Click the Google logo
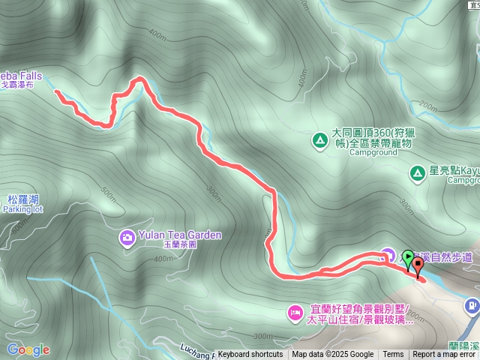[x=28, y=350]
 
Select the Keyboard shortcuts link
[x=250, y=355]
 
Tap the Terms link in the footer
[x=393, y=355]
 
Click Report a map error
[x=444, y=355]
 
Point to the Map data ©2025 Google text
[x=332, y=355]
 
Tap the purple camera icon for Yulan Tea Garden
[x=127, y=238]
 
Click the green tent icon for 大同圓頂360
[x=319, y=139]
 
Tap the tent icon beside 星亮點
[x=417, y=174]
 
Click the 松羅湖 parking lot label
[x=22, y=204]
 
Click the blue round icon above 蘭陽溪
[x=472, y=305]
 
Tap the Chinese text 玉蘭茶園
[x=181, y=244]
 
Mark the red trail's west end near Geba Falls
[x=57, y=91]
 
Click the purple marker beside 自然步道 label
[x=387, y=254]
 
